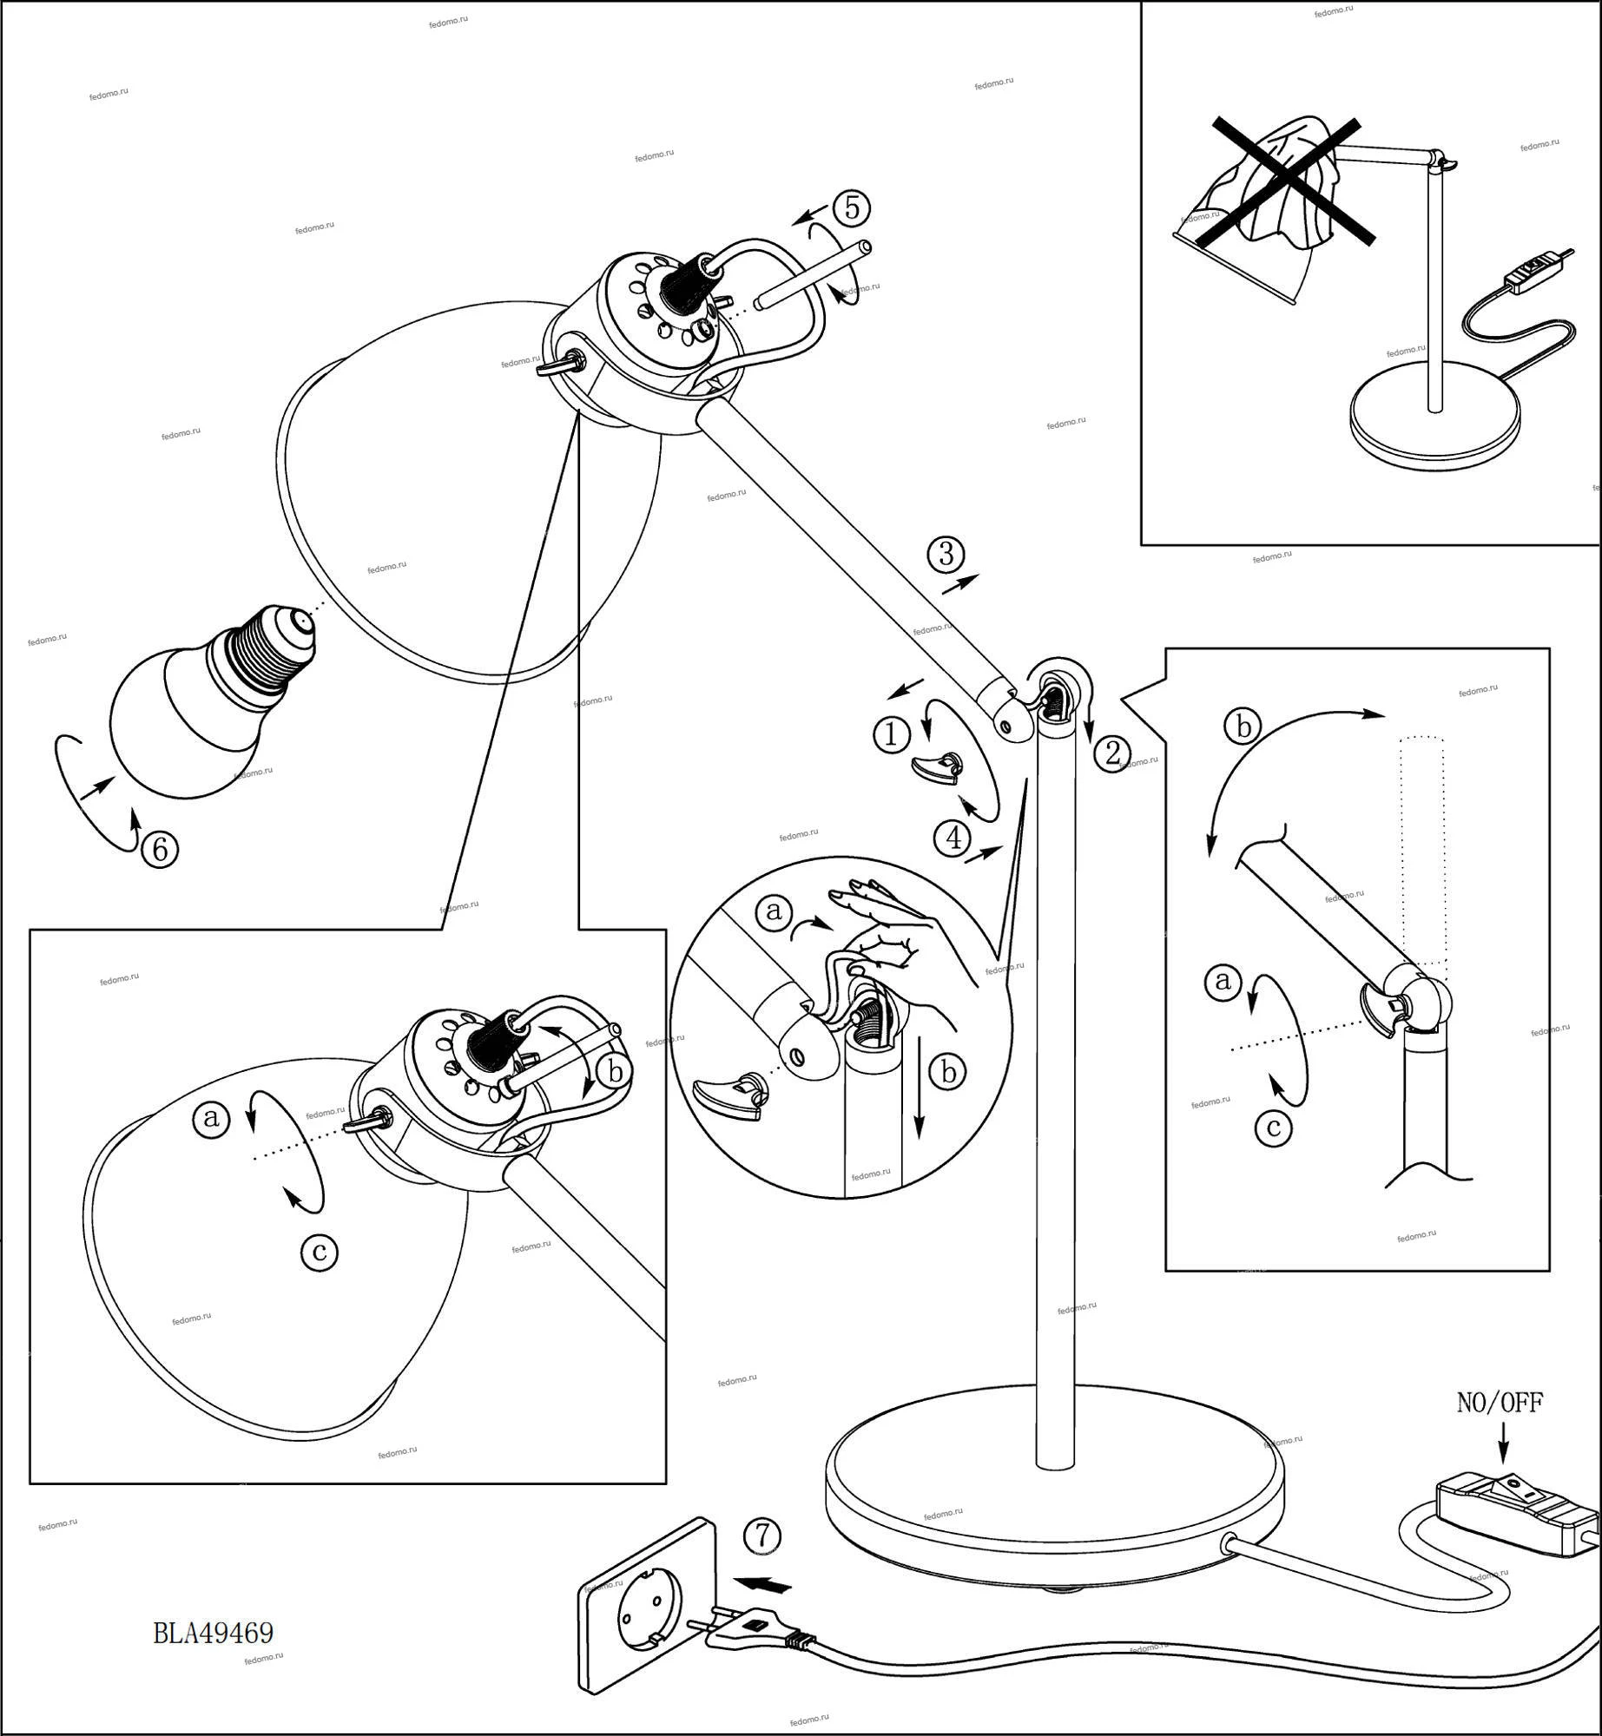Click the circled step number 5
pos(851,208)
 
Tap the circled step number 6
pos(160,849)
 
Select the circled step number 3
pos(946,554)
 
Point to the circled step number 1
pos(891,736)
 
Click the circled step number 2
pos(1112,753)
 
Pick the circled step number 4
pos(953,838)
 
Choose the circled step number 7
pos(762,1535)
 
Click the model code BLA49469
pos(214,1633)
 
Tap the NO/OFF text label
pos(1500,1403)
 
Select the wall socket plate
pos(644,1617)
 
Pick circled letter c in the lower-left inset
pos(319,1252)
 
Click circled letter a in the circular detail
pos(774,911)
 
